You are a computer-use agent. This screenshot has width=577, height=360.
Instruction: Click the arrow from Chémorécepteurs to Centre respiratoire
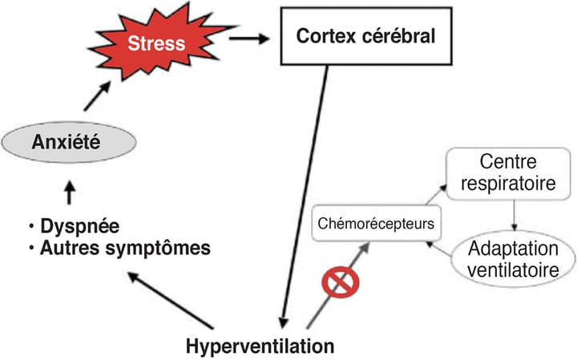tap(438, 191)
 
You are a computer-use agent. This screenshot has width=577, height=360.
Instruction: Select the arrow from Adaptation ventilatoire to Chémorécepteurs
tap(444, 244)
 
